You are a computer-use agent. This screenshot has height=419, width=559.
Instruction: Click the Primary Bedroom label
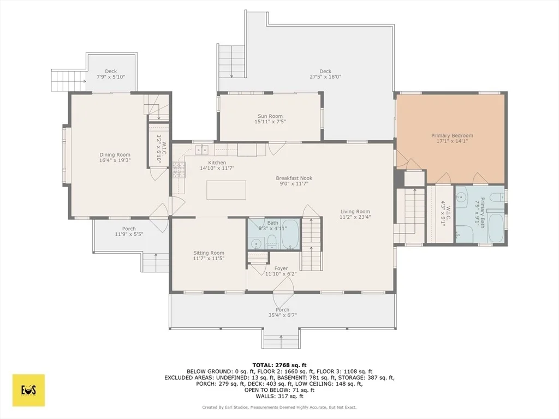point(452,135)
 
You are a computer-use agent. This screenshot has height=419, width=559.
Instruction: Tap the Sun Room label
point(270,116)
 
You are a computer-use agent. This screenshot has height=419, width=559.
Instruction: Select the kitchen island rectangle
point(227,190)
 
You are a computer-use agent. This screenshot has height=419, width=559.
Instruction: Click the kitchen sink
point(202,150)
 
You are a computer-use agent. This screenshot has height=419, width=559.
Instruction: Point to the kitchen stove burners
point(179,170)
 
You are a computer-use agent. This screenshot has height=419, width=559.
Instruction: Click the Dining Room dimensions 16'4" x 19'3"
point(115,160)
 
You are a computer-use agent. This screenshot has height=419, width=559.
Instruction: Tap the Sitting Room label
point(209,253)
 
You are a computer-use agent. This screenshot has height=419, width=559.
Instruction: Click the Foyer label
point(281,268)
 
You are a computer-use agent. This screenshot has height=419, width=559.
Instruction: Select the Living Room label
point(355,211)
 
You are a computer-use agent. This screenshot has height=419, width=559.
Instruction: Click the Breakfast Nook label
point(294,178)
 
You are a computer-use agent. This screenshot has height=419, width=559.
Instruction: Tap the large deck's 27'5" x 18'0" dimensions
point(325,76)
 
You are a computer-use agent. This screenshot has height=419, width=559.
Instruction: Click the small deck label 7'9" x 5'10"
point(111,76)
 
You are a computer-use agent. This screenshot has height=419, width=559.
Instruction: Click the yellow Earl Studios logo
point(29,390)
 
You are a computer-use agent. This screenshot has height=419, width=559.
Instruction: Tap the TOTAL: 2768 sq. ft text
point(279,365)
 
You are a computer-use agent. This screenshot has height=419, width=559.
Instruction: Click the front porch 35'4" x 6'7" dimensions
point(283,315)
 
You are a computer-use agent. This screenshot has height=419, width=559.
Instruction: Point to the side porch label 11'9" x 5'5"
point(129,235)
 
